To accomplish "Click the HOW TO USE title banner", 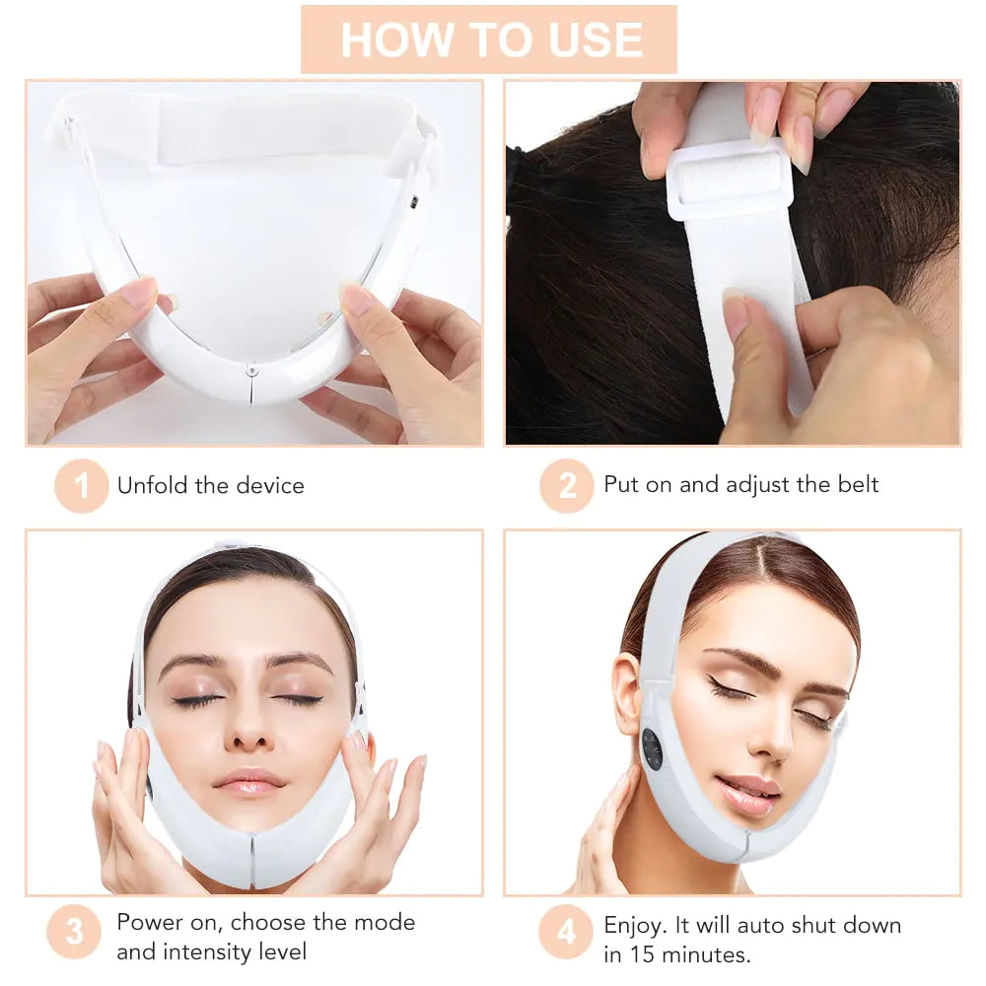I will tap(489, 39).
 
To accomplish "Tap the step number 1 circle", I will tap(81, 486).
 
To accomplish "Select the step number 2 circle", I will tap(567, 486).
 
